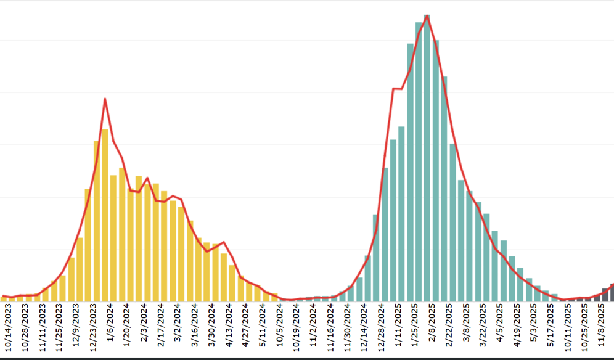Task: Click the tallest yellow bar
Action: point(105,216)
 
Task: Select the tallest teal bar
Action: point(427,160)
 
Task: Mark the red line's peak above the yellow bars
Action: point(105,99)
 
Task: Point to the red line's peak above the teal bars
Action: point(427,16)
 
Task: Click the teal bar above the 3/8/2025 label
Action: point(470,247)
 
